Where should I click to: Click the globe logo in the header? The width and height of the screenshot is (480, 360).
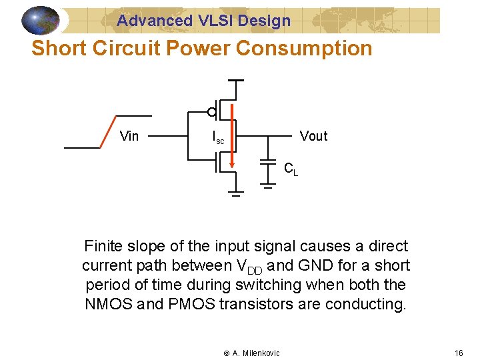(40, 20)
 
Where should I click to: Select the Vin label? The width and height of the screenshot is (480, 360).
(129, 137)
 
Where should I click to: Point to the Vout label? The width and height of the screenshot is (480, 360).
(313, 137)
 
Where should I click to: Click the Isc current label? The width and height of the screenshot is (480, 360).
(218, 138)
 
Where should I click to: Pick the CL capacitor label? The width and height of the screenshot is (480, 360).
(291, 169)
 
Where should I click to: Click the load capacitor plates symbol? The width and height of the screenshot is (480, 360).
(268, 163)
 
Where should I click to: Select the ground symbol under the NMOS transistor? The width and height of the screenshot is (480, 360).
(236, 194)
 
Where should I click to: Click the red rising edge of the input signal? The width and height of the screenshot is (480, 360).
(107, 131)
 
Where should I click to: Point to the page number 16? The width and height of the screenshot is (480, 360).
(459, 353)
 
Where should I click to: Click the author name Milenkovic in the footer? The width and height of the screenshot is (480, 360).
(261, 353)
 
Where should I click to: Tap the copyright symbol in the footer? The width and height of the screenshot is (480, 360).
(226, 353)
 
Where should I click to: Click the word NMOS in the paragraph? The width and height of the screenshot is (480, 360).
(106, 304)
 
